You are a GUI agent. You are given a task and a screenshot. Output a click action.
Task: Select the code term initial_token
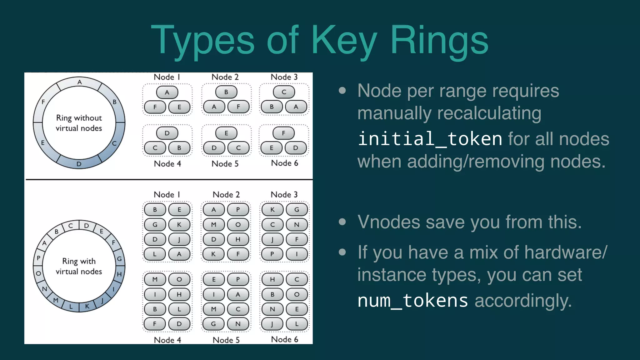430,139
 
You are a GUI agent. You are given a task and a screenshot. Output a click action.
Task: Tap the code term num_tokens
412,301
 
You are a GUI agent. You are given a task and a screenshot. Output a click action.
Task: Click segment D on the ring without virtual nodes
79,164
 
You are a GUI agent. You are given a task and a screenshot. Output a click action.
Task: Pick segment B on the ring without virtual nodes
115,102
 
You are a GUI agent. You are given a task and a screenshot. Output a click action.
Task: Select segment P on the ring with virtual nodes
38,258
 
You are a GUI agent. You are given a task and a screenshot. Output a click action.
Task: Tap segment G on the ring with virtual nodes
119,259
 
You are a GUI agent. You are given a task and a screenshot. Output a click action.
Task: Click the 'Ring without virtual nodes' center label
79,123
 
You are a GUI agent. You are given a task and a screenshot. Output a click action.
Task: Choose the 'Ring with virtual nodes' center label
79,266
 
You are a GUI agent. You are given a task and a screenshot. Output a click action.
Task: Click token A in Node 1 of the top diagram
167,92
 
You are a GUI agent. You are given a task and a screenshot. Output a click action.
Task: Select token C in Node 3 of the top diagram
284,92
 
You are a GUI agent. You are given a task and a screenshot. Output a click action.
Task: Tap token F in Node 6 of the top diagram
283,133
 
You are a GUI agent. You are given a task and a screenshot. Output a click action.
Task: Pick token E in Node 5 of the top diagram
226,133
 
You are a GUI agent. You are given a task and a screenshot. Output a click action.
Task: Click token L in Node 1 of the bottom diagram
155,254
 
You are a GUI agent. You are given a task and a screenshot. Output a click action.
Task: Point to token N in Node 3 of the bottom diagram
297,224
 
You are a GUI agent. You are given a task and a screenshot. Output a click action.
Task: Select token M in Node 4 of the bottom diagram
155,279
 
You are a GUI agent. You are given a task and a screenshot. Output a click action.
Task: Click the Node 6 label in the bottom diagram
284,339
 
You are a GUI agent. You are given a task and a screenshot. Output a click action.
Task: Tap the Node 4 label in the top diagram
167,164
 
